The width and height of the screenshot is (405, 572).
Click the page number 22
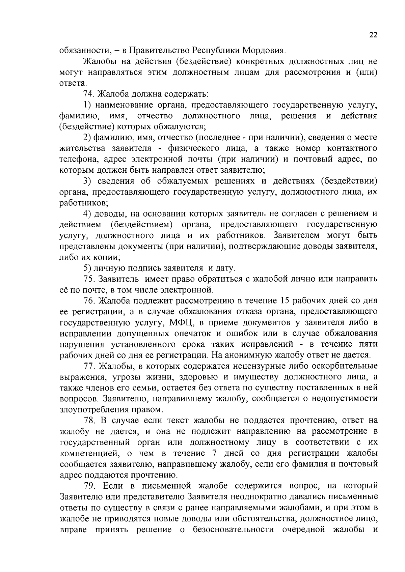373,35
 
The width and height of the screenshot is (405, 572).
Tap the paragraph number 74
88,94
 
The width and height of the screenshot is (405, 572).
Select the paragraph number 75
88,279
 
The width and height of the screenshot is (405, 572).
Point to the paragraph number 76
88,301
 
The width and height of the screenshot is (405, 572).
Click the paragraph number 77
88,366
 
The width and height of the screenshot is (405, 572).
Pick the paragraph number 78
89,420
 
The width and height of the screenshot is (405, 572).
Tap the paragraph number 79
89,486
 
